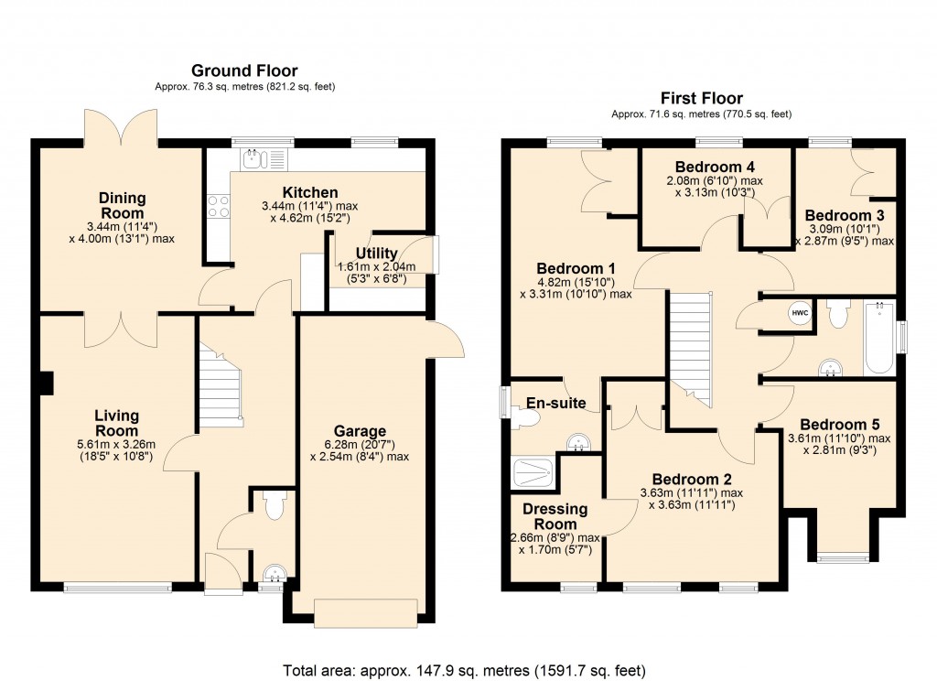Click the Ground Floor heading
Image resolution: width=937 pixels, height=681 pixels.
click(x=243, y=70)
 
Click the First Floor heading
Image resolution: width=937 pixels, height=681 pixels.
click(x=701, y=98)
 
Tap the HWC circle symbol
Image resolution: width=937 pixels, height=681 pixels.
click(x=799, y=313)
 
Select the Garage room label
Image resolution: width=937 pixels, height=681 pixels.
click(x=360, y=431)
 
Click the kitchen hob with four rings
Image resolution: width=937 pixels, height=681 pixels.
click(x=219, y=207)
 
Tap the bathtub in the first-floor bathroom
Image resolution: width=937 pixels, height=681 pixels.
click(x=878, y=339)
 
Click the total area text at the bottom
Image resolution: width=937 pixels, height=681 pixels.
click(x=468, y=669)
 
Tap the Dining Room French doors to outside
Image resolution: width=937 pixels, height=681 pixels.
click(x=120, y=124)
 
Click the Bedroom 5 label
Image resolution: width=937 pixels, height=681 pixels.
click(x=839, y=425)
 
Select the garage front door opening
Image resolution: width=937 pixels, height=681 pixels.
click(x=366, y=612)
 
